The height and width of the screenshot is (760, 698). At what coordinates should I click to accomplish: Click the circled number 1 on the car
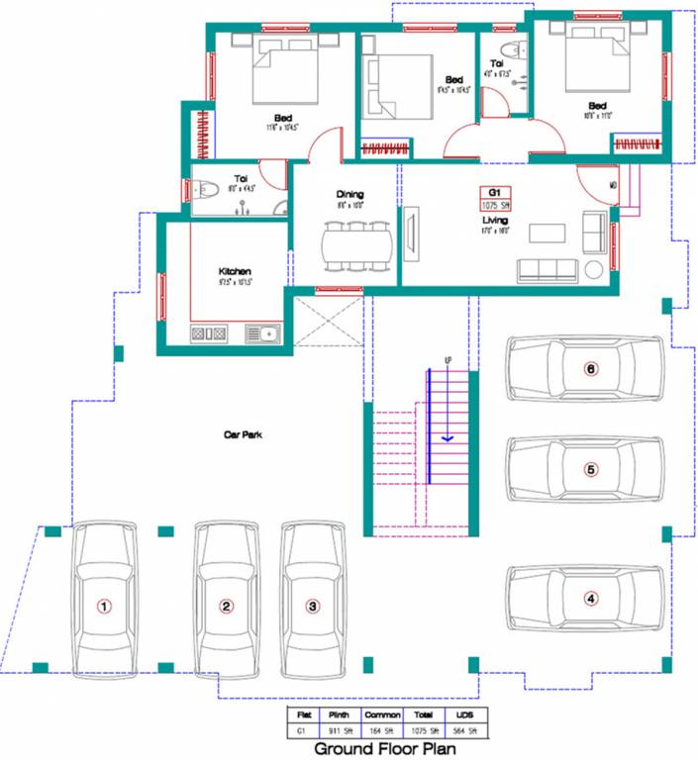pos(103,606)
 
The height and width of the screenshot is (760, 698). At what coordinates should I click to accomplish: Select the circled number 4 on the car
pos(591,598)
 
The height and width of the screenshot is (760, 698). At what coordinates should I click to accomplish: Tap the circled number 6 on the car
pos(591,369)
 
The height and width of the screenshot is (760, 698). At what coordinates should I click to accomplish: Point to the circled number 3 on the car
pos(312,606)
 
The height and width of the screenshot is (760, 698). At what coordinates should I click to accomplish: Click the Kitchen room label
pos(235,270)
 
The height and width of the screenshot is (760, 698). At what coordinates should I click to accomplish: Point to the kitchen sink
pos(266,334)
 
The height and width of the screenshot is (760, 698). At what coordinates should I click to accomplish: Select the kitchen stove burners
pos(210,334)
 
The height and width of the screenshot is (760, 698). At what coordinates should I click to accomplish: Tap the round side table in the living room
pos(595,270)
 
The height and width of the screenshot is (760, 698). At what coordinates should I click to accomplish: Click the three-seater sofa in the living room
pos(548,269)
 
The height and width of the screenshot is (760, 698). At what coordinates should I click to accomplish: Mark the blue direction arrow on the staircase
pos(448,435)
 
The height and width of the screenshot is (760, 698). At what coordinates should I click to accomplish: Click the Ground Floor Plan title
pos(385,749)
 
